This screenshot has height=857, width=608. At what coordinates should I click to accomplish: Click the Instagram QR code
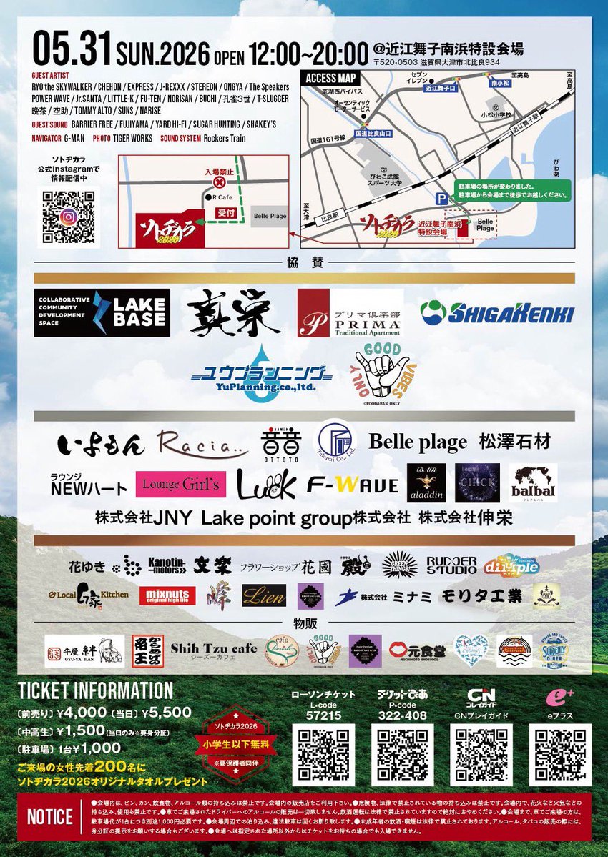pos(69,217)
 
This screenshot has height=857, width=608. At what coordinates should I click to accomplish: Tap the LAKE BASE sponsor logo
pos(102,313)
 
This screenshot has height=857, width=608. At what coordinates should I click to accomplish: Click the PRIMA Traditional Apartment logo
pos(350,313)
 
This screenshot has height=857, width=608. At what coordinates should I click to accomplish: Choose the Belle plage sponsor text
pos(418,442)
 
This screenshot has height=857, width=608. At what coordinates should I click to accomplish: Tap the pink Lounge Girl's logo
pos(181,485)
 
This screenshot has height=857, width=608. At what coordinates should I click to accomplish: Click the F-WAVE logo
pos(353,485)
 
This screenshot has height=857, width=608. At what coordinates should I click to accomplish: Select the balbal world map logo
pos(533,483)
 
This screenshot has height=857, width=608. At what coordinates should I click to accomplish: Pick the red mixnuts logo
pos(167,595)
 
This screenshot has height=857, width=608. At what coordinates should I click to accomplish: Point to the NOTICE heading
pos(49,817)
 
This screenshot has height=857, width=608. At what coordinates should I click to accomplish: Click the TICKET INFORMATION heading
pos(95,690)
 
